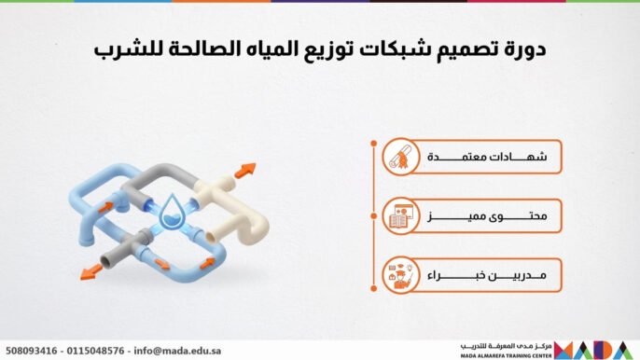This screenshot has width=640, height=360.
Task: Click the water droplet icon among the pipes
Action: [172, 213]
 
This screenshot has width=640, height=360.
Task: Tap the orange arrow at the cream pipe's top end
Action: [244, 172]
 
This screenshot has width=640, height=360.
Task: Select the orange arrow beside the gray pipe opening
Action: [91, 270]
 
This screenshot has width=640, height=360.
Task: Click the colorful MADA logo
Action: [595, 350]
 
